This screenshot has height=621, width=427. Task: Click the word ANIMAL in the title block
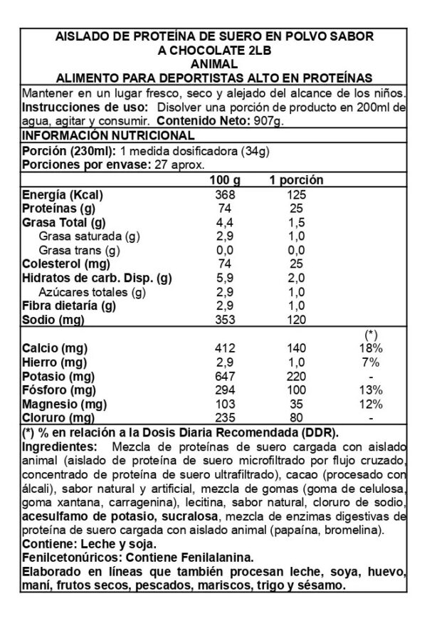pos(213,63)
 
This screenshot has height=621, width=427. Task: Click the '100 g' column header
pos(223,181)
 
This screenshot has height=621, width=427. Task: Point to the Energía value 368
pos(224,195)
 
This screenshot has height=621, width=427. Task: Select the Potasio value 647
pos(224,376)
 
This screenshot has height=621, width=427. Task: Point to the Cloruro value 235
pos(224,418)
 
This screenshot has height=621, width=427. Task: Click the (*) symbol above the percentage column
pos(370,334)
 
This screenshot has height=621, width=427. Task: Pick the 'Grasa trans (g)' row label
pos(79,251)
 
